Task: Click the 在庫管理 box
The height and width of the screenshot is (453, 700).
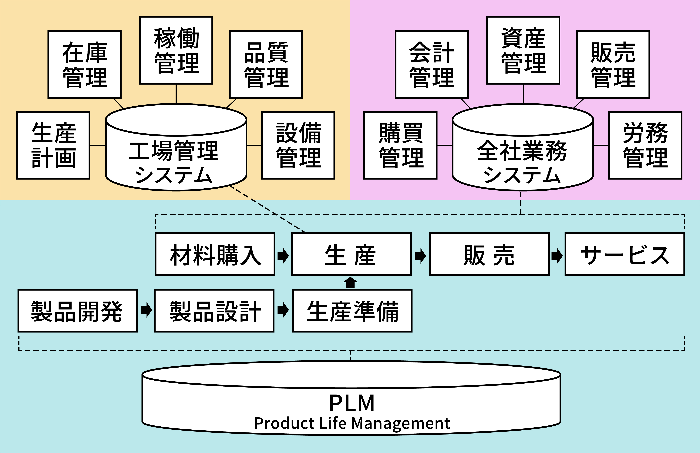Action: pos(84,64)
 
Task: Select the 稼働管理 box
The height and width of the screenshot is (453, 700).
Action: pos(176,50)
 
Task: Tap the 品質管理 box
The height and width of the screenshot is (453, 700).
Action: pos(266,64)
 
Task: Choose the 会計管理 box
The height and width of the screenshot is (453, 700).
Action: pos(432,64)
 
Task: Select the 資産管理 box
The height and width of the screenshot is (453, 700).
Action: pos(523,50)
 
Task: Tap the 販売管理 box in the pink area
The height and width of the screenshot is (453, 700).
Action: pos(613,64)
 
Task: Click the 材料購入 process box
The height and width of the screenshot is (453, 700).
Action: pos(215,254)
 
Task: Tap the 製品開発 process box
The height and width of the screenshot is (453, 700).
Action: pos(78,311)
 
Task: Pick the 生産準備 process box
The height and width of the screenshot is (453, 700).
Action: pos(352,311)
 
